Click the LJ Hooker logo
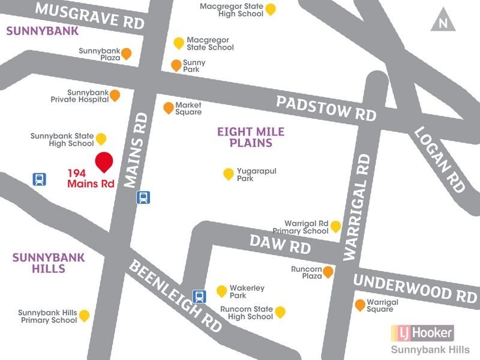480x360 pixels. [422, 332]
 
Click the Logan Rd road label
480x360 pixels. [440, 160]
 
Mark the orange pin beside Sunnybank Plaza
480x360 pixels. [126, 54]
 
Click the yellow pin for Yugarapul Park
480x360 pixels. [228, 174]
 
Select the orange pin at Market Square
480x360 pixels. [169, 108]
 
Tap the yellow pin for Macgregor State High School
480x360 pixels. [271, 9]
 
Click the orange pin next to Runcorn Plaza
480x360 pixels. [328, 272]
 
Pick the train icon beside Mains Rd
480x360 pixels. [143, 197]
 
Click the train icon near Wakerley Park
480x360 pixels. [198, 295]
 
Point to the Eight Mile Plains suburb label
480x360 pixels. [251, 137]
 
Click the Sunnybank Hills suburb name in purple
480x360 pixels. [39, 263]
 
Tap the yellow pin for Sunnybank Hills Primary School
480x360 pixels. [85, 316]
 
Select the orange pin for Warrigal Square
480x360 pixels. [359, 305]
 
